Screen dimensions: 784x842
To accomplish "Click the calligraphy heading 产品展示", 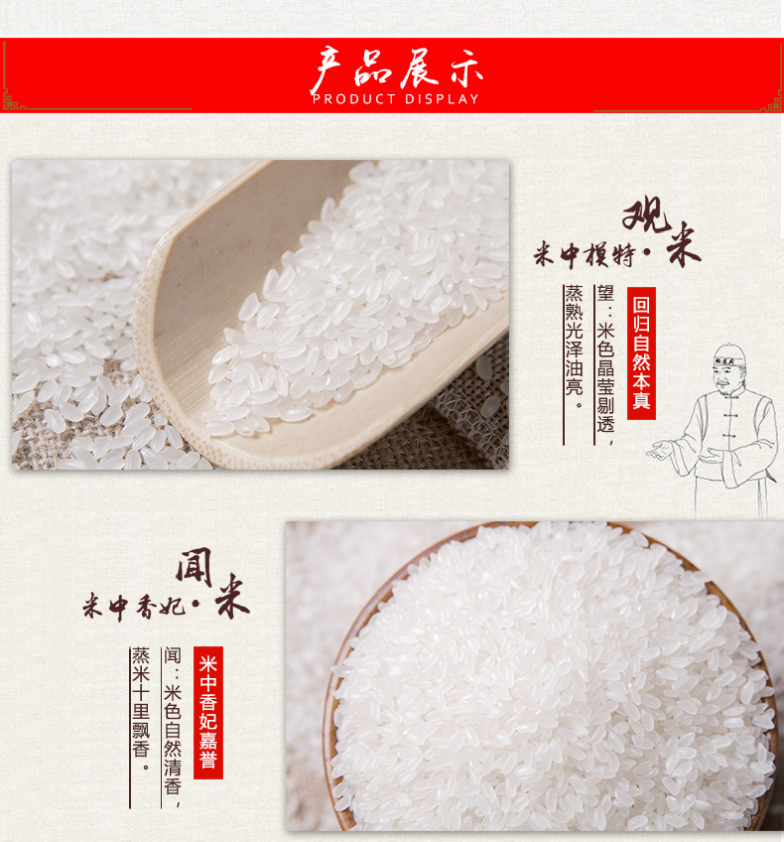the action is click(x=397, y=70).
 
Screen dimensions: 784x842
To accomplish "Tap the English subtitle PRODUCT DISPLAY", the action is click(x=396, y=99).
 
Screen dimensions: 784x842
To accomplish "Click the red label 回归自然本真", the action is click(x=641, y=353).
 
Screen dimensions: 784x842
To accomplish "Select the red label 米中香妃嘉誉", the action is click(x=208, y=712).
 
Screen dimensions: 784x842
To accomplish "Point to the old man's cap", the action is click(x=729, y=354).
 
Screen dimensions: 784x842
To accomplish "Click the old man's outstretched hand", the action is click(x=660, y=449).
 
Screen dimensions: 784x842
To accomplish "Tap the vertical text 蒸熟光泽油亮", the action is click(x=574, y=348).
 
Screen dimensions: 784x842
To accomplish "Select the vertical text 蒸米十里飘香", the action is click(x=141, y=710).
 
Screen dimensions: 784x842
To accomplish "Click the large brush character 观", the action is click(x=646, y=214).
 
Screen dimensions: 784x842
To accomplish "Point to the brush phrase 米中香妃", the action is click(x=134, y=607).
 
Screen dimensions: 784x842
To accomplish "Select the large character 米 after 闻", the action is click(x=232, y=596).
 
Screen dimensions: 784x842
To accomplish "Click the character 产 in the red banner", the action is click(x=327, y=70).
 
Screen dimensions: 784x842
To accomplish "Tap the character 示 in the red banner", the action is click(x=465, y=69).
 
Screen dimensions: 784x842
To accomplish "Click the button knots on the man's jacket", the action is click(x=727, y=424).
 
